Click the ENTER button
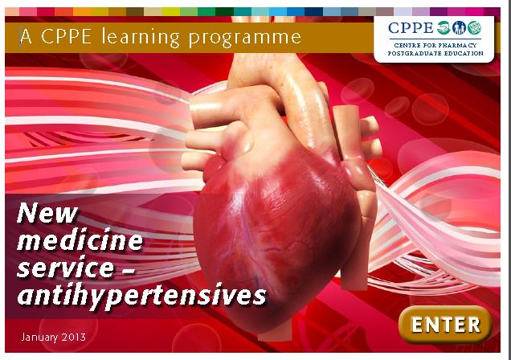445,324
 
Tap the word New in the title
47,214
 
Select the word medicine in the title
80,240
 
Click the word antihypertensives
141,296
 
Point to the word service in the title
66,268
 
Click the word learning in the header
141,37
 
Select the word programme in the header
245,38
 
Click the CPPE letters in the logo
411,28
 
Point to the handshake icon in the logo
444,27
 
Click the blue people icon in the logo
459,27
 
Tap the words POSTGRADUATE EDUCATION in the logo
435,53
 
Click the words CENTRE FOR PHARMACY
435,45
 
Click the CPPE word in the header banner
66,36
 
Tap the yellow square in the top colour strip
171,12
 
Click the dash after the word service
128,270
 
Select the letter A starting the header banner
26,36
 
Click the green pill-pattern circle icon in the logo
475,27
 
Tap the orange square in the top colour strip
82,12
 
